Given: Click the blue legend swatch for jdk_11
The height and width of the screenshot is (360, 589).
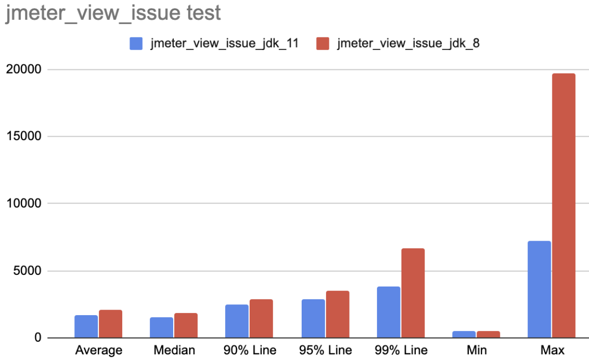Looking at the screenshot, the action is point(136,43).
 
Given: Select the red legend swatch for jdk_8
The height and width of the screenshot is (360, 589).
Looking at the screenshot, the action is point(323,43).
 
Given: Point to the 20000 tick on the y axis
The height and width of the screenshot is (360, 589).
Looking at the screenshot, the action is point(23,69).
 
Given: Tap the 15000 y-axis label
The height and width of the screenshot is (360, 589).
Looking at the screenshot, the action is point(23,136).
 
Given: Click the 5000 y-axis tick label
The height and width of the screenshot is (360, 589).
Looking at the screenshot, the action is point(27,271).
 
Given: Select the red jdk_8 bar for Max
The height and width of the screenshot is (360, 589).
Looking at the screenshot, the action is point(564,205).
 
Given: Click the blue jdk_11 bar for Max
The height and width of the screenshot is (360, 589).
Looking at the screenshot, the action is point(539,289).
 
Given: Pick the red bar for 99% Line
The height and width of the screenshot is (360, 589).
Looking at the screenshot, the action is point(413,293).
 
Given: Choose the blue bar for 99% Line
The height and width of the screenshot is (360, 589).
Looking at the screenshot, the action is point(388,312).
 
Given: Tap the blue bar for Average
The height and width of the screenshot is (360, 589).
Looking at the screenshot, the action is point(86,326).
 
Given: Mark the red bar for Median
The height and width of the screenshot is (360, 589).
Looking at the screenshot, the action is point(186,325).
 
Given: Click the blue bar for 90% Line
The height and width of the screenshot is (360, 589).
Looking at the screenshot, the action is point(237,321).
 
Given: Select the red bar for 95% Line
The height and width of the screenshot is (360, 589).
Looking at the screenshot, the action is point(338,314).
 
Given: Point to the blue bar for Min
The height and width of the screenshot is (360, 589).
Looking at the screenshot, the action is point(464,335).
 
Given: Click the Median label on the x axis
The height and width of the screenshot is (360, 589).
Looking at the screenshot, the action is point(174,350).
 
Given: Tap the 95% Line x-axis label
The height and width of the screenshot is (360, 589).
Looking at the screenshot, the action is point(326,350).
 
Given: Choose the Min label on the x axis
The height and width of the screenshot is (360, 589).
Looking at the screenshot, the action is point(477,350).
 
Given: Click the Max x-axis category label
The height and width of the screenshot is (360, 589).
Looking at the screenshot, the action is point(552,350).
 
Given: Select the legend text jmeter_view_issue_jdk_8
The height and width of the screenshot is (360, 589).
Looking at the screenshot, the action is point(408,43).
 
